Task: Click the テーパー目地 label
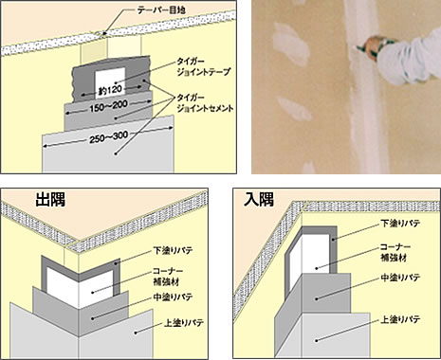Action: [x=161, y=9]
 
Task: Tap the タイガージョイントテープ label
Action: [x=204, y=66]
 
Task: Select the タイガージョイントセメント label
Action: [x=206, y=102]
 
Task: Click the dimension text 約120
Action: [x=110, y=91]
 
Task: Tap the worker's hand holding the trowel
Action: [x=377, y=46]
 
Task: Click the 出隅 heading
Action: [x=50, y=200]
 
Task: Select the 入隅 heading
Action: [x=259, y=200]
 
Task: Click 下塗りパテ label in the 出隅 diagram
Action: [x=173, y=251]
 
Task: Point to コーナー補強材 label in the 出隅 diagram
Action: [x=168, y=276]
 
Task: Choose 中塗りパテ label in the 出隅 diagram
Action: [x=173, y=297]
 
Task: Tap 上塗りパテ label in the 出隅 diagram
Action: [x=184, y=323]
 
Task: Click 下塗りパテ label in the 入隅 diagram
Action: [x=400, y=224]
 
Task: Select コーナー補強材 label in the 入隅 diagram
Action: [x=395, y=252]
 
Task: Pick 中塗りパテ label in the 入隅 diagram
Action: [x=400, y=278]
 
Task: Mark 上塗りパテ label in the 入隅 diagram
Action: [x=400, y=319]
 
